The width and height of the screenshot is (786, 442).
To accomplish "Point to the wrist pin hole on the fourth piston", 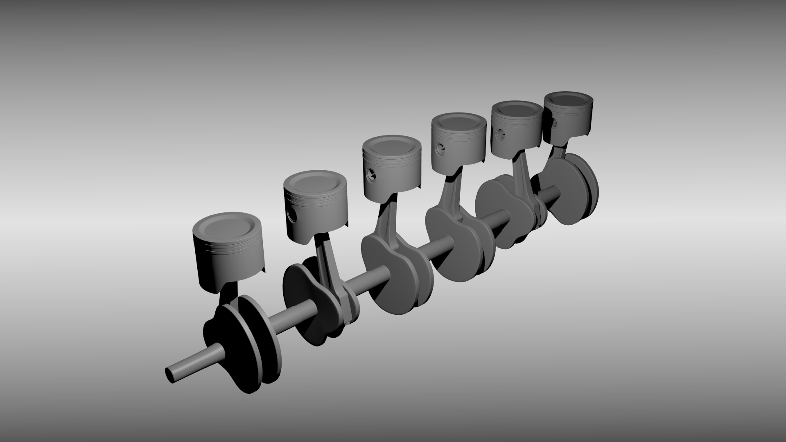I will (440, 148).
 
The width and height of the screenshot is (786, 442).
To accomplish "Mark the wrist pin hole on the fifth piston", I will (500, 133).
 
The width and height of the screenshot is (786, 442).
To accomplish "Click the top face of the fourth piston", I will (458, 122).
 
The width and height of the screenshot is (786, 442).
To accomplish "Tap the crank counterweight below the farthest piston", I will (573, 188).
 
